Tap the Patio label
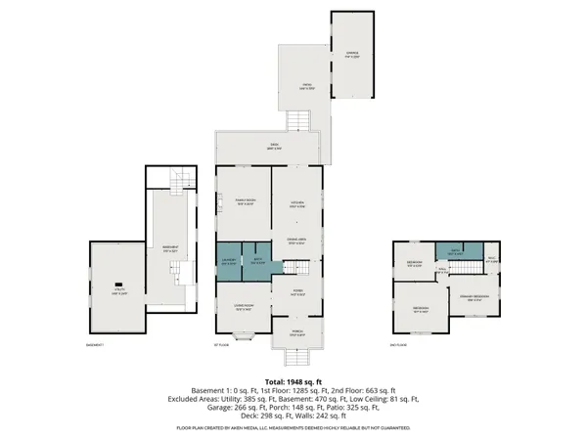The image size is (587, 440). [306, 87]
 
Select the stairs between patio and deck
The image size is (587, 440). [303, 122]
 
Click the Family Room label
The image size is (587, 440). [244, 202]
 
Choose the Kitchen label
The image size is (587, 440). [296, 204]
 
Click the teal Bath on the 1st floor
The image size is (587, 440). [257, 260]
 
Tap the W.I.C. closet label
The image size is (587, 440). [492, 260]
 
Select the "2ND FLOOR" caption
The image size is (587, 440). [397, 345]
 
